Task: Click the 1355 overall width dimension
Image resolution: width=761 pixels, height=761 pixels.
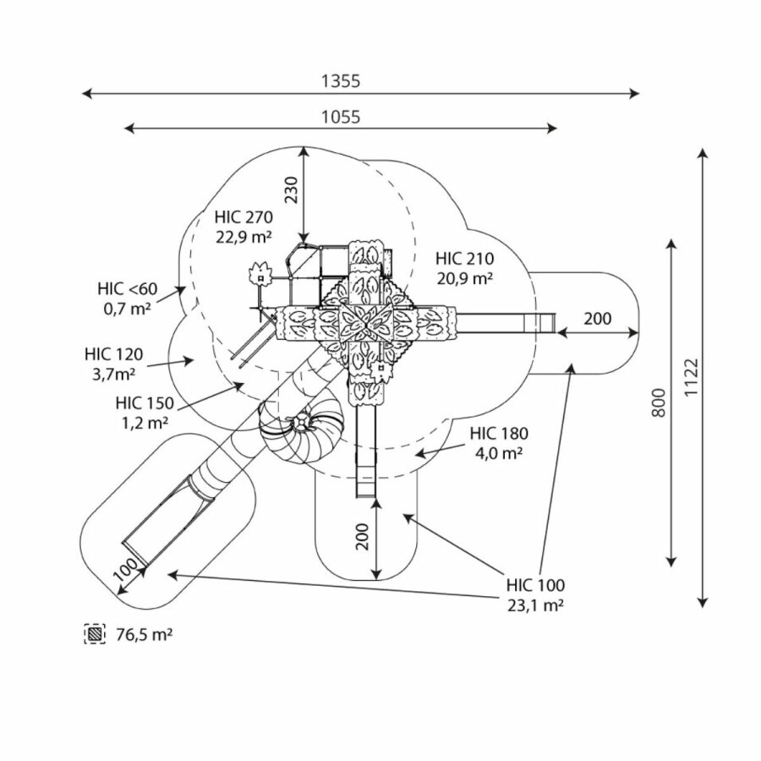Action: click(341, 81)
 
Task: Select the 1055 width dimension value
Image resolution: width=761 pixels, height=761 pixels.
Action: click(341, 117)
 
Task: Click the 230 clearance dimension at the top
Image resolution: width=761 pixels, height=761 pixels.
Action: click(291, 190)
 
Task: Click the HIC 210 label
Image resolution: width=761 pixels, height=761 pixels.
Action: click(465, 259)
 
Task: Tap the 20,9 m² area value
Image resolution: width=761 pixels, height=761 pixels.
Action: click(465, 278)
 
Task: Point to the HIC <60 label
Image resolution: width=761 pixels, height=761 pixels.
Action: click(127, 289)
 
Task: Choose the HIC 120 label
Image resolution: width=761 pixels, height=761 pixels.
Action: click(113, 353)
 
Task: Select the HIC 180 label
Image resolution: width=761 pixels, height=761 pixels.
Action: click(500, 434)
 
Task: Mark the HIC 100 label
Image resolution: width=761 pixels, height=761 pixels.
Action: click(535, 584)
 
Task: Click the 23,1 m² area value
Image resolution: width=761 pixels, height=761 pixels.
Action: click(535, 605)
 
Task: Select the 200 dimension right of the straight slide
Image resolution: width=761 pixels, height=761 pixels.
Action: click(598, 319)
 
